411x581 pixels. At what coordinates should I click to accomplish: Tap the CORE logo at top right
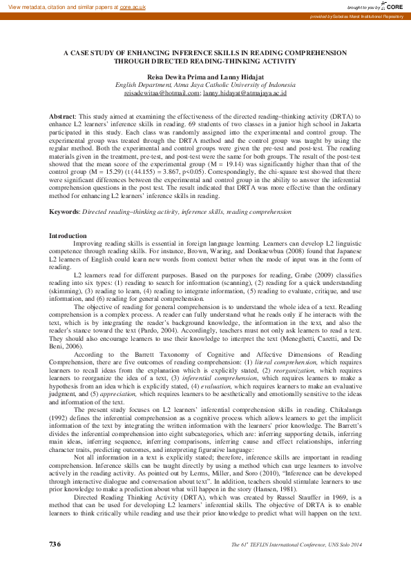click(x=394, y=6)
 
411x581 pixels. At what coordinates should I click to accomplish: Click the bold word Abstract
click(x=63, y=117)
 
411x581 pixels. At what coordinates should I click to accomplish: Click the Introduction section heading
click(x=67, y=236)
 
